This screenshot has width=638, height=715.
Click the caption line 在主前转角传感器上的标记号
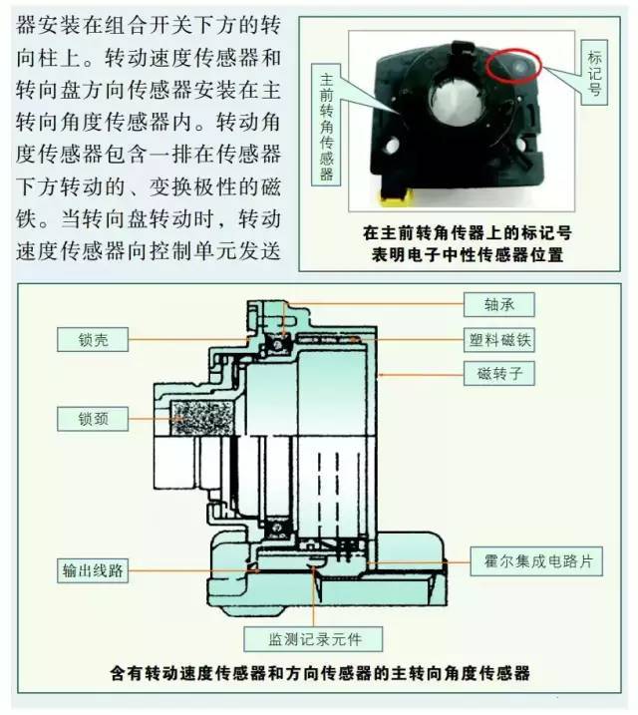point(464,233)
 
